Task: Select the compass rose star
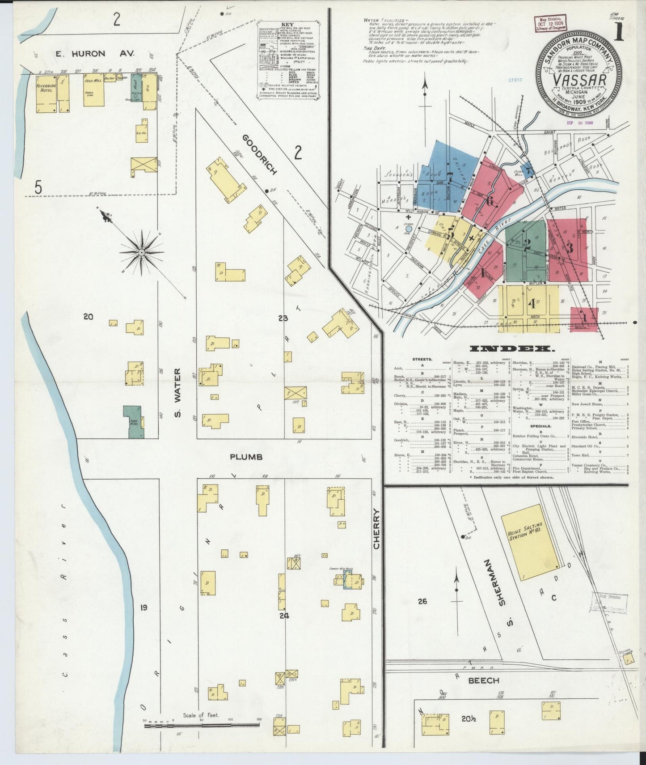click(x=142, y=252)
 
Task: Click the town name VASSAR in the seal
click(x=579, y=80)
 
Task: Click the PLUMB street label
click(x=246, y=457)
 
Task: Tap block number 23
click(x=283, y=319)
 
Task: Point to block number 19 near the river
click(x=143, y=607)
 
